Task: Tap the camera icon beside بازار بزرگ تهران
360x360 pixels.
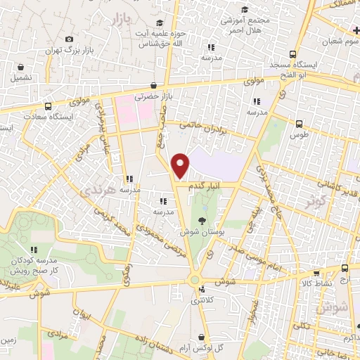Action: (68, 39)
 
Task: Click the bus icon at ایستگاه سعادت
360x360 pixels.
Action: (48, 107)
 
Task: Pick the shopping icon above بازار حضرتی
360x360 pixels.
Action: (153, 85)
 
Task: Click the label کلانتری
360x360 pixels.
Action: (204, 300)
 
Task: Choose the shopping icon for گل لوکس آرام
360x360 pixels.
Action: (202, 337)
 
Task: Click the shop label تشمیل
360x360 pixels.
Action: (20, 77)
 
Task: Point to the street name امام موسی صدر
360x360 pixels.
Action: (258, 254)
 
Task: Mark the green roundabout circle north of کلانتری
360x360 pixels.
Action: (195, 280)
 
